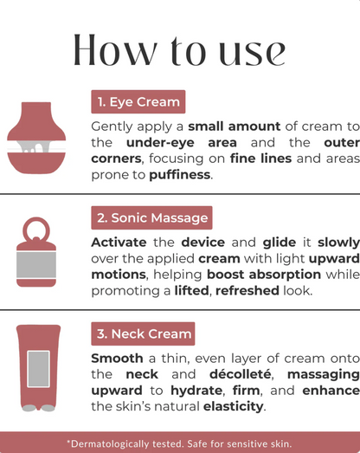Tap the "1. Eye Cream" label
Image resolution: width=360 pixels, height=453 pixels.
tap(138, 102)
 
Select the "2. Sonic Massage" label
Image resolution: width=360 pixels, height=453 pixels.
tap(151, 218)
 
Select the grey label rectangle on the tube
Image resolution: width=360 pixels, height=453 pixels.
tap(37, 368)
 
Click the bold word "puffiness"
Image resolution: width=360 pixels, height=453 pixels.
tap(180, 173)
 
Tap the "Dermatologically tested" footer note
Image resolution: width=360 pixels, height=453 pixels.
tap(180, 443)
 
